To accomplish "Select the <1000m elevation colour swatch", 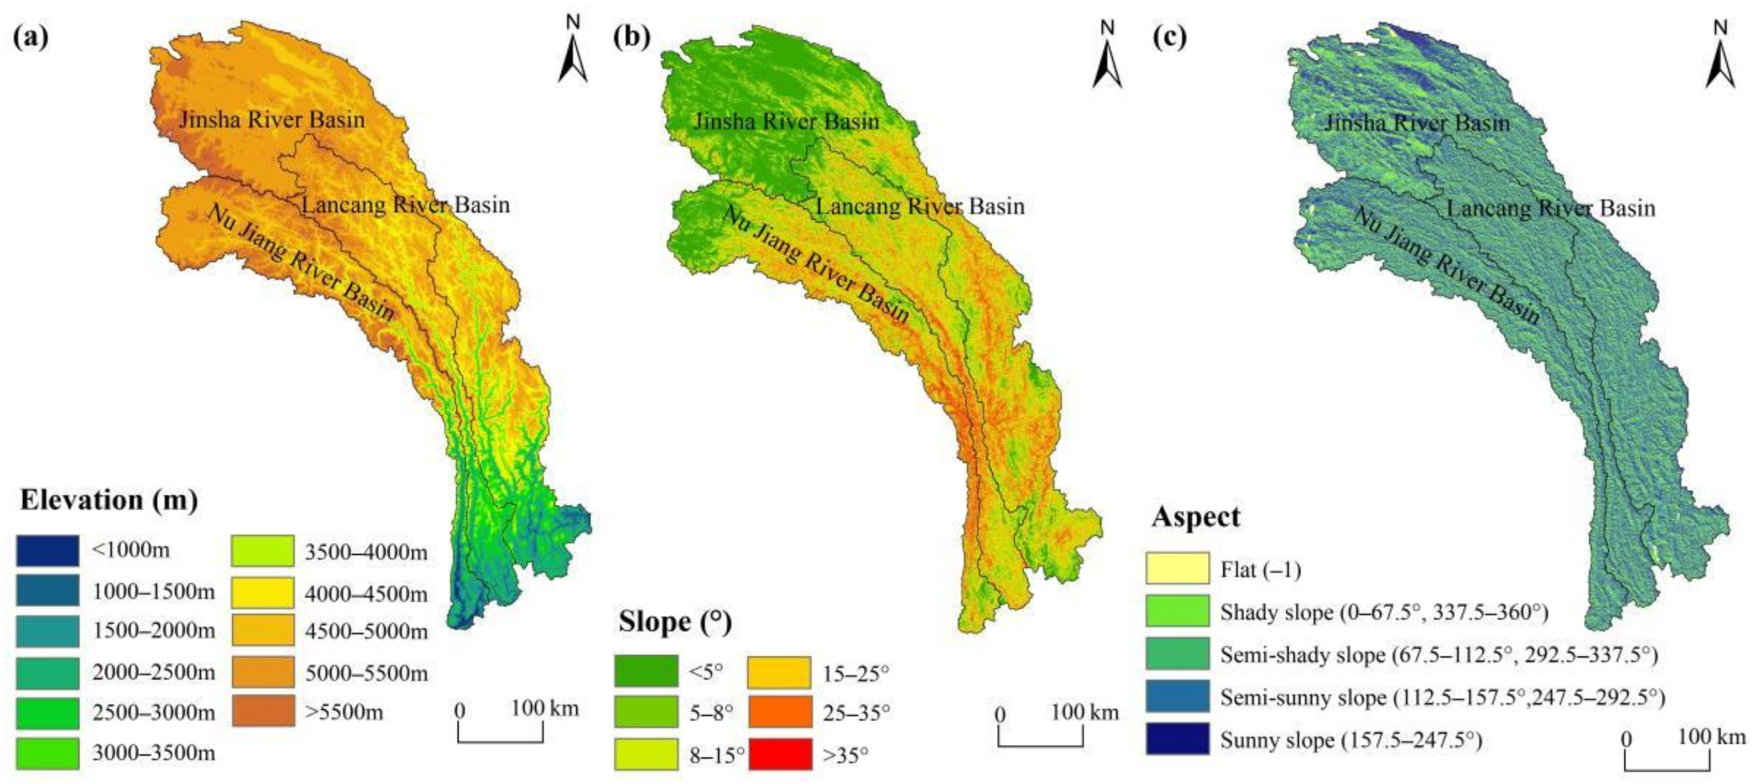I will [x=47, y=551].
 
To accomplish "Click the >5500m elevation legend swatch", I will [x=263, y=711].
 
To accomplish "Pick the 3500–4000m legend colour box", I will [x=263, y=551].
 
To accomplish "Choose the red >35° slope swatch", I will [x=780, y=754].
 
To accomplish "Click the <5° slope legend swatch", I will [x=646, y=671].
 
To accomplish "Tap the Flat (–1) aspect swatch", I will [x=1177, y=568].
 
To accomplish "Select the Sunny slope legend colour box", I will [x=1177, y=739].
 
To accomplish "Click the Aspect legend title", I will [x=1195, y=517].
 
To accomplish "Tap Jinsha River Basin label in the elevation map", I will [x=272, y=120].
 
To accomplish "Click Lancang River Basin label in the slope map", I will [x=920, y=206].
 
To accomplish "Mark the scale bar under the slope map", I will [x=1040, y=737].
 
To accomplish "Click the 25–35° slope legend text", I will [x=856, y=714].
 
